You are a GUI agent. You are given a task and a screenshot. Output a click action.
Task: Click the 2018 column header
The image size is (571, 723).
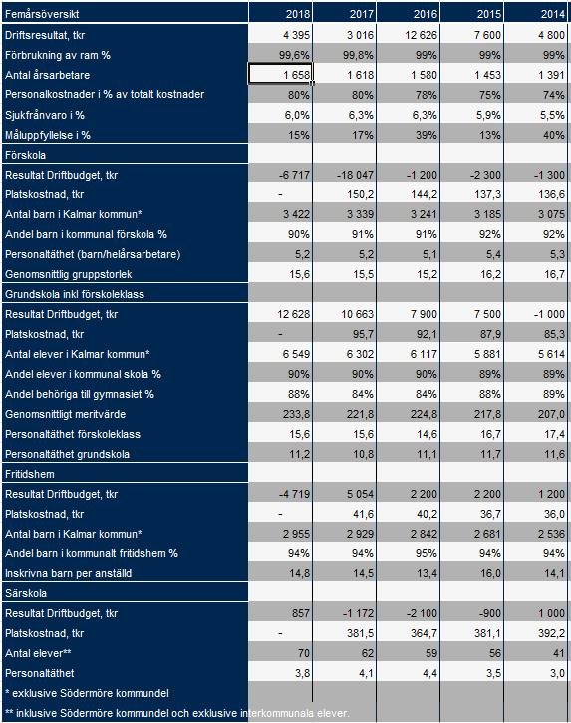point(298,14)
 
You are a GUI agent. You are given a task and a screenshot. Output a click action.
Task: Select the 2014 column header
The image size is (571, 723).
point(553,14)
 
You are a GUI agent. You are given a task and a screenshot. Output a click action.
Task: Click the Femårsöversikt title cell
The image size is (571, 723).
point(42,14)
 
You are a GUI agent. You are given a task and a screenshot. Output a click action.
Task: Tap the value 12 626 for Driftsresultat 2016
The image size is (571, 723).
point(421,35)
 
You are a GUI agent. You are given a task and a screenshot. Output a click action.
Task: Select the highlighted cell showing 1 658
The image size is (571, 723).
point(280,74)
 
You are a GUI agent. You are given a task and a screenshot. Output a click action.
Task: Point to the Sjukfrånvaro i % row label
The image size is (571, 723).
point(45,115)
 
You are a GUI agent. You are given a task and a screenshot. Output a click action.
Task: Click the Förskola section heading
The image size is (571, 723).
point(25,155)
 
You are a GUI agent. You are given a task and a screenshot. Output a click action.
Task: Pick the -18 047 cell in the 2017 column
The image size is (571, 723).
point(355,175)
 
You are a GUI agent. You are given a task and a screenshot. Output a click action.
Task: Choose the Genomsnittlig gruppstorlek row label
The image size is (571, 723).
point(68,274)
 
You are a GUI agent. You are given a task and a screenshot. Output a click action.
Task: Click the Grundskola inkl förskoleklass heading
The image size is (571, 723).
point(75,294)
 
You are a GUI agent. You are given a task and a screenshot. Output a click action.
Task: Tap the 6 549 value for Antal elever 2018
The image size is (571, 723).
point(296,354)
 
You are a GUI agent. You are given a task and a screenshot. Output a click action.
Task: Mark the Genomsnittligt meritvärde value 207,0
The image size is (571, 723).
point(551,414)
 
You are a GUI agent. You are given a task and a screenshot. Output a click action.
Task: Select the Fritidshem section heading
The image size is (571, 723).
point(30,474)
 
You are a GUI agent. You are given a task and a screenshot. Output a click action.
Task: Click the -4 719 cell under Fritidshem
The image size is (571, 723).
point(294,494)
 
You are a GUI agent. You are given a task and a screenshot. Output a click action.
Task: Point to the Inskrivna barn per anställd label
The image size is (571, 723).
point(68,573)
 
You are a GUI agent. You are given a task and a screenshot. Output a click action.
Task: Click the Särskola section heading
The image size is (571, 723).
point(26,593)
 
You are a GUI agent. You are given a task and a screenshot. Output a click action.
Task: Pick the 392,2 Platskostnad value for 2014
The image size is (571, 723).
point(551,633)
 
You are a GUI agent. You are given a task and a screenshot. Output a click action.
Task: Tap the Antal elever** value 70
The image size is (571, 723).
point(304,653)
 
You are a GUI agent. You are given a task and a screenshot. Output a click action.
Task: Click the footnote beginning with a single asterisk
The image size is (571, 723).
point(87,693)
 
